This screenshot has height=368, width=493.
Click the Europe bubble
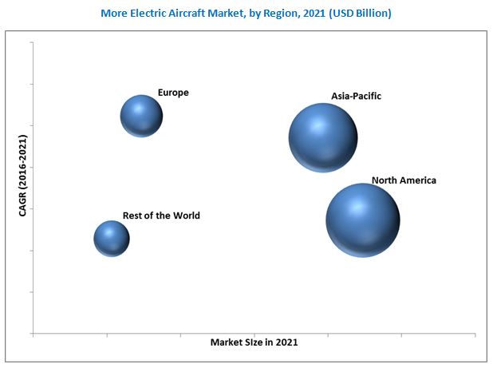[x=141, y=116]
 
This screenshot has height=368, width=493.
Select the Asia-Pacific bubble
[x=322, y=137]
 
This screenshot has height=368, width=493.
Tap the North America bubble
[x=362, y=220]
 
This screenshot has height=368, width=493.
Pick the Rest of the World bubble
[x=112, y=238]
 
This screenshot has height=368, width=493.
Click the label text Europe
[x=173, y=93]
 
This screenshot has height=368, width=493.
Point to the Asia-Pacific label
[x=356, y=96]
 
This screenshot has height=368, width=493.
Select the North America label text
[x=404, y=180]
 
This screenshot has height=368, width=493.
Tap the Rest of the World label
[x=161, y=216]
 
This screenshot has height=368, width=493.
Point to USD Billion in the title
[x=362, y=14]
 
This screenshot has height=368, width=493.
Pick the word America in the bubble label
[x=418, y=180]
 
